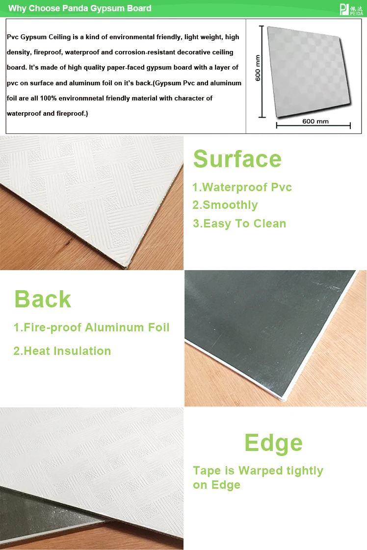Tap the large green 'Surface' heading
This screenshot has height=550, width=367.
coord(237,159)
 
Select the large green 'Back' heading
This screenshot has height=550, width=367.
coord(43,299)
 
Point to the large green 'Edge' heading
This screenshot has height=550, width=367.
coord(273,443)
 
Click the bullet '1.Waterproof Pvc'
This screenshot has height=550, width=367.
coord(242,187)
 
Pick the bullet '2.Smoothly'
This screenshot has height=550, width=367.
coord(225,205)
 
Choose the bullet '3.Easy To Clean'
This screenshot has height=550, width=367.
coord(239,224)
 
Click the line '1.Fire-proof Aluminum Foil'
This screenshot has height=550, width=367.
coord(91,327)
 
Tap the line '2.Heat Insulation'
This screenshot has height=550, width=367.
coord(62,351)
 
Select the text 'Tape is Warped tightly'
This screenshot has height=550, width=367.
coord(258,471)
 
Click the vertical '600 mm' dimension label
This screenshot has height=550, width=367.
coord(259,68)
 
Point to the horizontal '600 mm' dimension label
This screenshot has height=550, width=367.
coord(315,121)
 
